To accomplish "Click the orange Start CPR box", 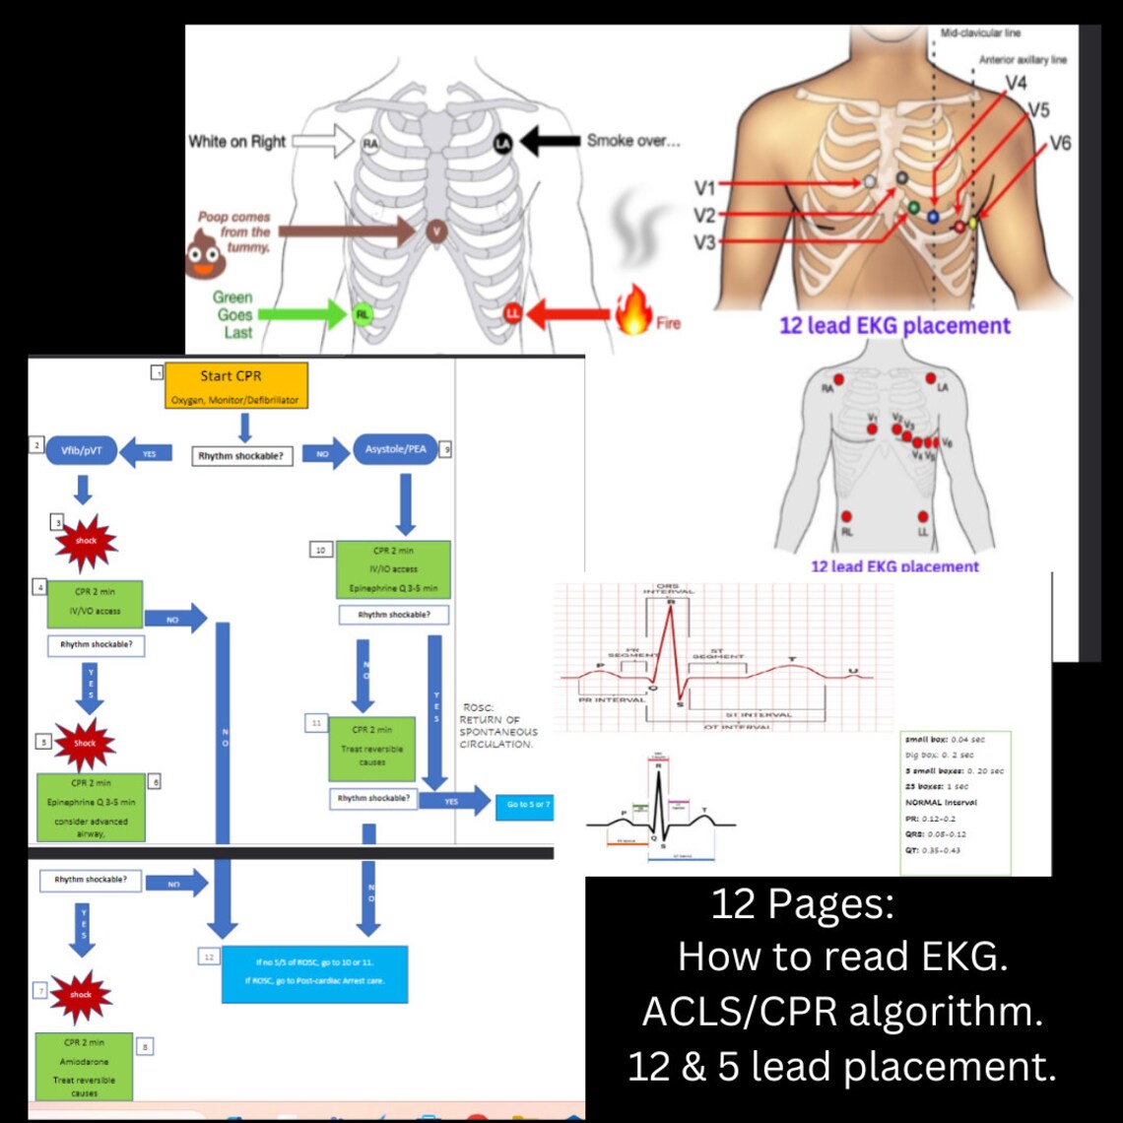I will [x=235, y=386].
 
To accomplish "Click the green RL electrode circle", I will [x=363, y=315].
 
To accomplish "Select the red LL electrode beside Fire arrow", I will [x=512, y=314].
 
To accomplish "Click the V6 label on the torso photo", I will [x=1059, y=144].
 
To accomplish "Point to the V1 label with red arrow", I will [x=705, y=187].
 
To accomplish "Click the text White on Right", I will [x=236, y=142].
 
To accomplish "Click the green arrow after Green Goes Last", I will [x=306, y=315].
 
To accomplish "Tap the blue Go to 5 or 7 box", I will [x=529, y=804].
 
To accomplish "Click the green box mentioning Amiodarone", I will [x=84, y=1066].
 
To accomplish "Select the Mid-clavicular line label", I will [x=980, y=33].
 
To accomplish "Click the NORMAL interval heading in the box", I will [x=942, y=802].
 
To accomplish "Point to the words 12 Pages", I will [x=801, y=903].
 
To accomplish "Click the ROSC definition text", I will [x=498, y=726].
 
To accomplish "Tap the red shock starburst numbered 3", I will [x=87, y=541].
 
